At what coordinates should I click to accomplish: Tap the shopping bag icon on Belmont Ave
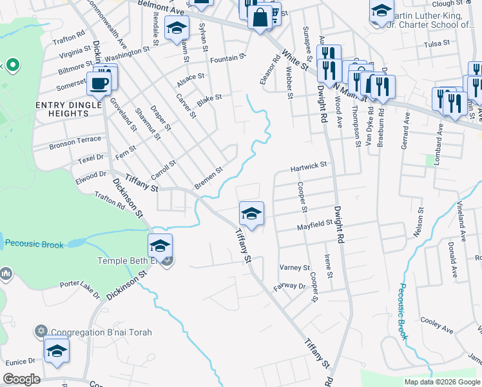[260, 17]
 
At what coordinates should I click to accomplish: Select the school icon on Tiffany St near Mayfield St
[251, 214]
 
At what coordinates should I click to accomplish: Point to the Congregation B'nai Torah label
[101, 333]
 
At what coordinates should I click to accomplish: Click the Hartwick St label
[309, 166]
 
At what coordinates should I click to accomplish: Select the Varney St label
[294, 267]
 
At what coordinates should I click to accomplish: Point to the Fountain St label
[228, 57]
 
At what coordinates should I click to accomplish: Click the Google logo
[22, 379]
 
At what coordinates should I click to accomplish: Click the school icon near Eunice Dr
[57, 352]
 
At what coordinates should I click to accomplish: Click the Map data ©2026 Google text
[441, 382]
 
